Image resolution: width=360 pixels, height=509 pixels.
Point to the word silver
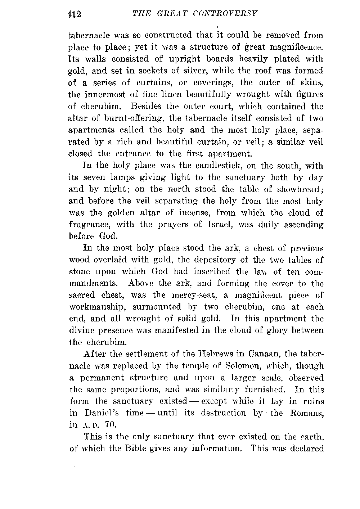pyautogui.click(x=202, y=71)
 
